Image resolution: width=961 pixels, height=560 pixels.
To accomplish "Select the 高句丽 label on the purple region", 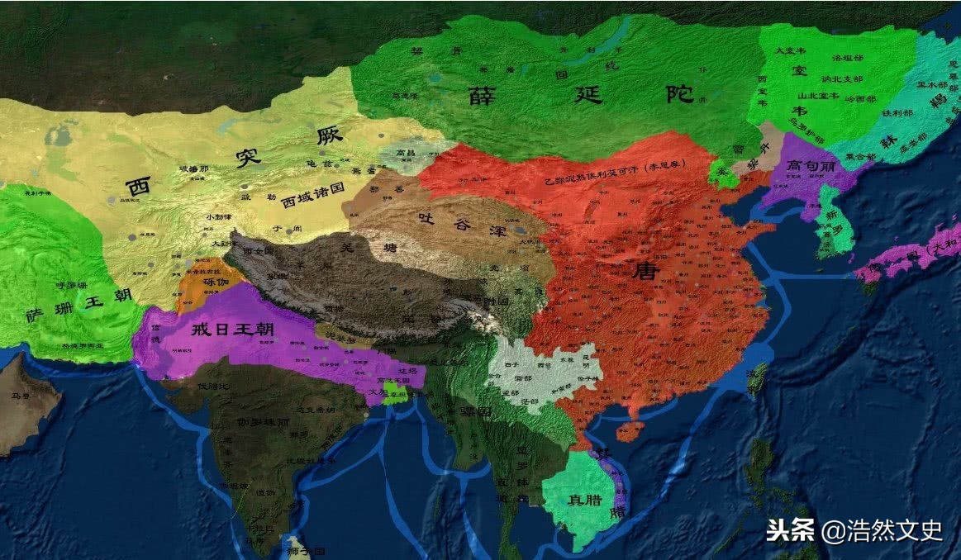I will [811, 165].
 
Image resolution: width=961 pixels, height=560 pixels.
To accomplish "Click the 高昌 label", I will [405, 154].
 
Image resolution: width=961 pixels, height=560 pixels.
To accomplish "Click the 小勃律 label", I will [216, 216].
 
